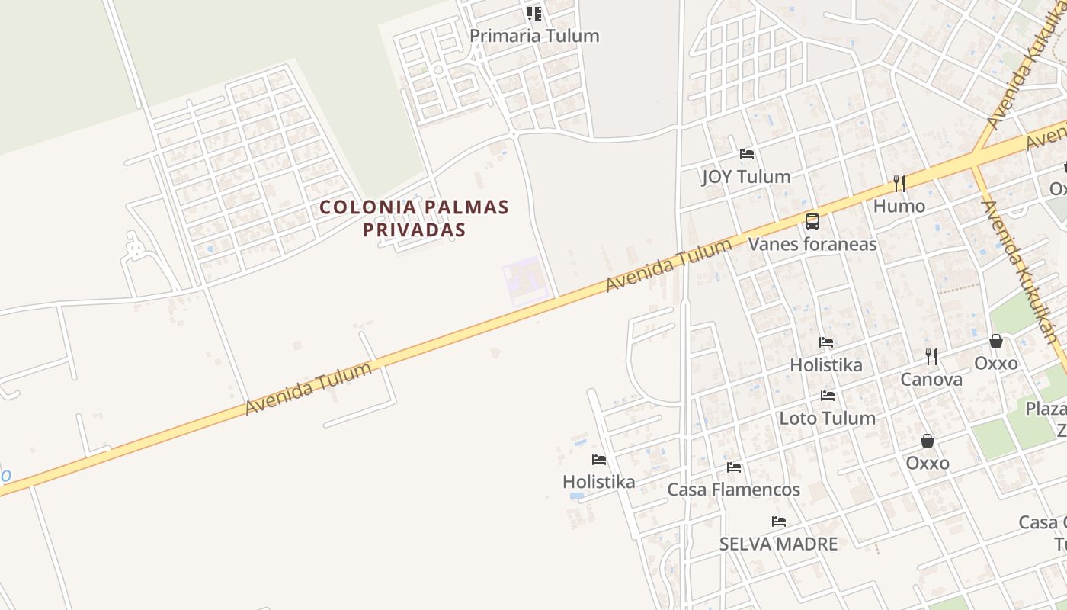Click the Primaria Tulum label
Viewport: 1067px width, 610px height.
534,36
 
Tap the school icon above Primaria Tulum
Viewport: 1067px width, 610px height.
534,14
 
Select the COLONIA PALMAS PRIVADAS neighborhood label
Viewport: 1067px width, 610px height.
414,218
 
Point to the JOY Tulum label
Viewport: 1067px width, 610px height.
745,177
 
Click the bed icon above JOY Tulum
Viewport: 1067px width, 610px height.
746,154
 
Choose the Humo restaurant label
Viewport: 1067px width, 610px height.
899,206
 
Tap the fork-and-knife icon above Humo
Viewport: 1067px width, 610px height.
899,184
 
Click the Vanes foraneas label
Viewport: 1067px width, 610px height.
812,244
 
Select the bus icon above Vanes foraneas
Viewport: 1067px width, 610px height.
812,222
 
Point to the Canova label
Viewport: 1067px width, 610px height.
931,379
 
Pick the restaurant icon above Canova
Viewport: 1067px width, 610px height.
931,356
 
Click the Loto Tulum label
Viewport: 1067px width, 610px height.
827,418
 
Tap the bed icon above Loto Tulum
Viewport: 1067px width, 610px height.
828,396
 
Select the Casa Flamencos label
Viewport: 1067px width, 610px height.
733,490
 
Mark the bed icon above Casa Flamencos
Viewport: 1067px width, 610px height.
734,467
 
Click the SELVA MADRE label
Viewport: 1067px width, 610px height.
778,544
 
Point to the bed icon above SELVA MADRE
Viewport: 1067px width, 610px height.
779,522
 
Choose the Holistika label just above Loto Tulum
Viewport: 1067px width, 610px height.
826,364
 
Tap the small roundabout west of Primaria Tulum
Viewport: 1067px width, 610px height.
438,69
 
